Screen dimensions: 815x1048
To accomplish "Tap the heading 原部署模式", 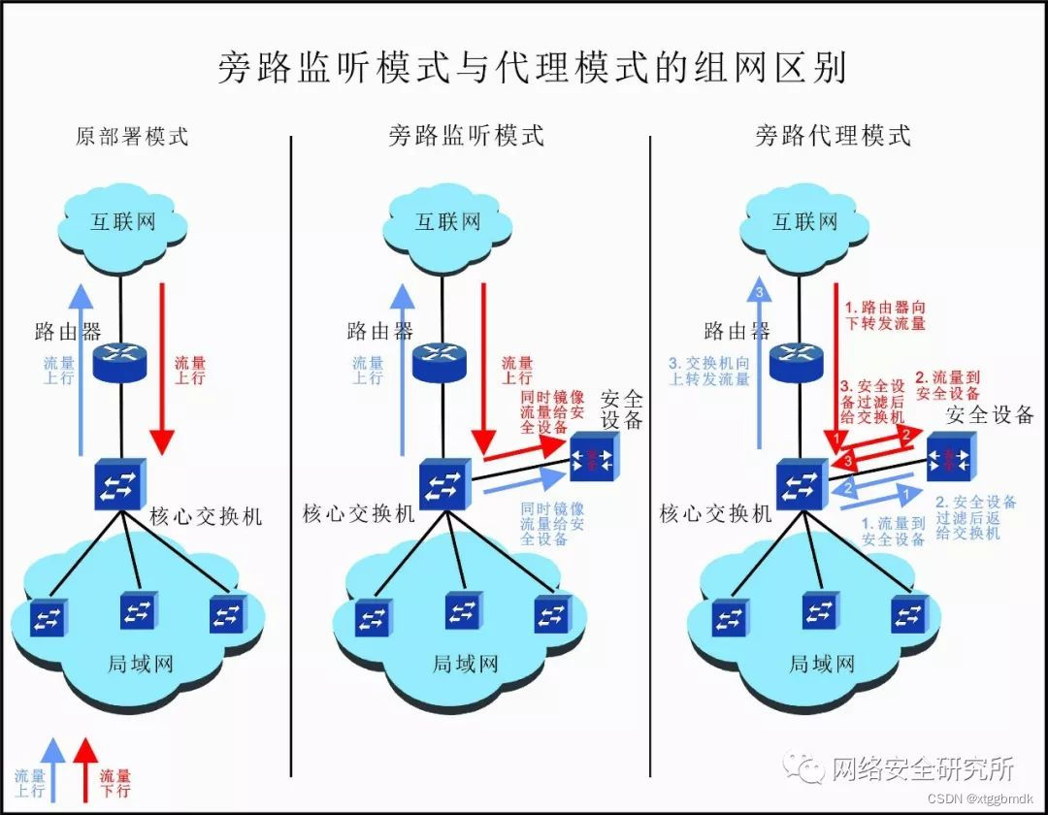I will tap(132, 136).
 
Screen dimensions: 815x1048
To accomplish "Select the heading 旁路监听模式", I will tap(467, 136).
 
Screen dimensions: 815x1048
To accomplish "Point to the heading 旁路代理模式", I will tap(833, 136).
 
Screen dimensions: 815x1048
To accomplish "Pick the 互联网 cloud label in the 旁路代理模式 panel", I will tap(804, 222).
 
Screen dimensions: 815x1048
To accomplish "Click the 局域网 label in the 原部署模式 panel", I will tap(140, 665).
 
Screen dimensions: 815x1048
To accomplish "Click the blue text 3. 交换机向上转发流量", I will tap(709, 372).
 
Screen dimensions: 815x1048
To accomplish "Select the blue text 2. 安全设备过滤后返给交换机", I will tap(976, 517).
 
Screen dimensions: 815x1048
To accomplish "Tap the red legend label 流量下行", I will tap(115, 783).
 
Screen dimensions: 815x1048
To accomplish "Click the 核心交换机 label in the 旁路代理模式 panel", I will tap(716, 513).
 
